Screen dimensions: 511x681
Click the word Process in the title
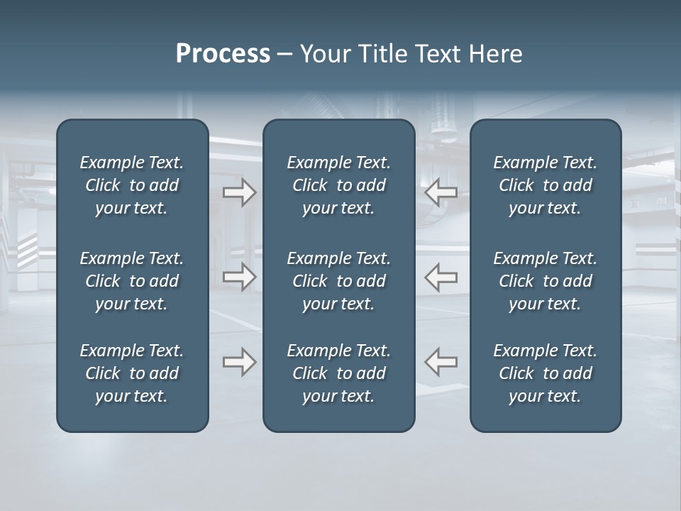[223, 54]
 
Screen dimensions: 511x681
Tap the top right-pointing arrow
[239, 192]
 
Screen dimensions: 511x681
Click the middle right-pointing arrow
[239, 277]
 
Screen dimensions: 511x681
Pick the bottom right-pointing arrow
[239, 362]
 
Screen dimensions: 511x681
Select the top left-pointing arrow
[441, 192]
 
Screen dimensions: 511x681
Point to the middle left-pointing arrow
[441, 277]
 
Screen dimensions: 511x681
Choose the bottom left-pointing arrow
[441, 362]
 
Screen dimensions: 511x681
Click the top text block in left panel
[132, 185]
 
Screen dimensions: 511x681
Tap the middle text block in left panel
[132, 281]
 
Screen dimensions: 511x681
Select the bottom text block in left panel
[132, 373]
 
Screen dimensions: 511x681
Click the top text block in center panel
[338, 185]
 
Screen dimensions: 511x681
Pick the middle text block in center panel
[338, 281]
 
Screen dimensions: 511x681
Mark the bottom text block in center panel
[338, 373]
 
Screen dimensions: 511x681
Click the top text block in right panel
[545, 185]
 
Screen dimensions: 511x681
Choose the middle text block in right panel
[545, 281]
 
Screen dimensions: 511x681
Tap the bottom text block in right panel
[545, 373]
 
